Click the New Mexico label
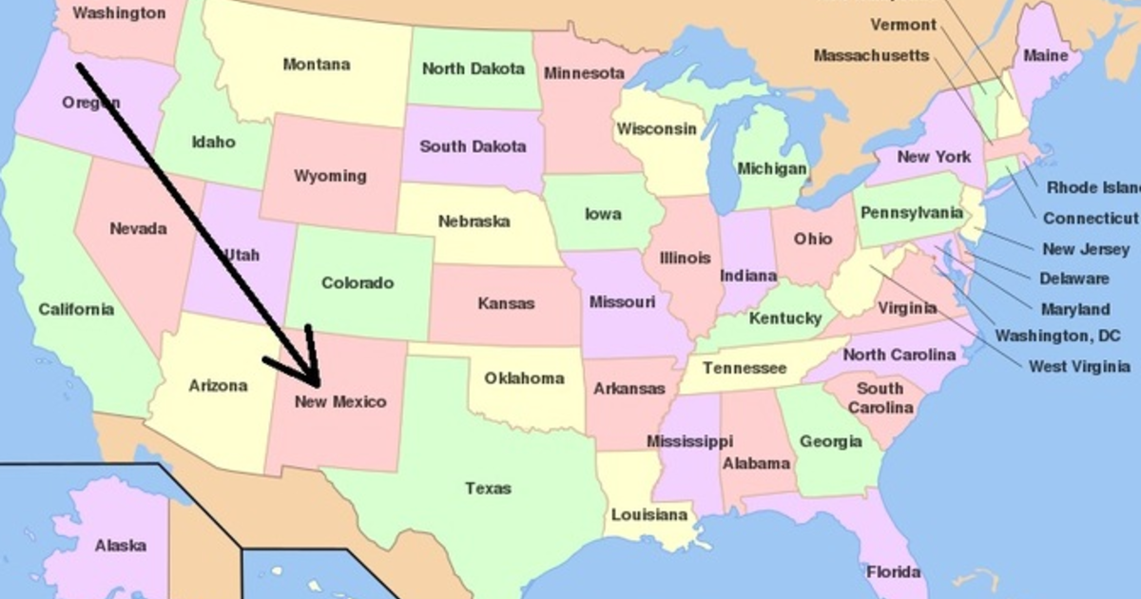coord(340,401)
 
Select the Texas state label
coord(488,489)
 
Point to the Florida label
coord(893,571)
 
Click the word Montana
coord(316,65)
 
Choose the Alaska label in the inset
coord(121,546)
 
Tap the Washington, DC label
coord(1057,336)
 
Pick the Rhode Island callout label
coord(1092,187)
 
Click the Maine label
coord(1045,56)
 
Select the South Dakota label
coord(473,146)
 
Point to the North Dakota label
coord(473,68)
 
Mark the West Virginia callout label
coord(1079,366)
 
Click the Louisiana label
coord(648,515)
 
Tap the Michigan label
coord(772,168)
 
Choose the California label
coord(76,309)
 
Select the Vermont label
coord(902,25)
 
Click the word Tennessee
coord(745,368)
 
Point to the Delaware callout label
coord(1073,279)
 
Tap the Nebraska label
coord(474,222)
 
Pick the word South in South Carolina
coord(880,388)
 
